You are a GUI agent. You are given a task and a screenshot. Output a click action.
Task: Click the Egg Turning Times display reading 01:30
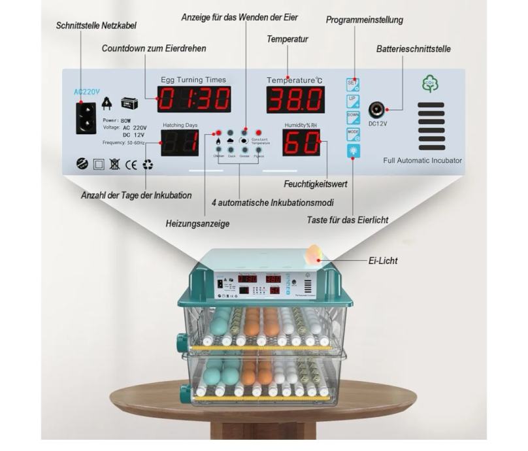coord(193,99)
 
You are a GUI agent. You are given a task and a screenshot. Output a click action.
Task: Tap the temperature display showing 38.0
coord(295,99)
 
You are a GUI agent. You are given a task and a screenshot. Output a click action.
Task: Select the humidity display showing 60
coord(301,142)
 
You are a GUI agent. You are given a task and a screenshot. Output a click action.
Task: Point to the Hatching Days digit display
coord(180,142)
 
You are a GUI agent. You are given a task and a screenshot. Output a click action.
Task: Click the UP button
coord(353,101)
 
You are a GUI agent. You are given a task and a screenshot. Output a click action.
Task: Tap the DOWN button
coord(353,118)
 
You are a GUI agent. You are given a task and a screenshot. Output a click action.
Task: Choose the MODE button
coord(353,134)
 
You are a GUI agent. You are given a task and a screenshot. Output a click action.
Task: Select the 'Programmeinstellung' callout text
coord(365,20)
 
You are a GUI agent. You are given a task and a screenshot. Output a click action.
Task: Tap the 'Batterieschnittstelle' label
coord(414,49)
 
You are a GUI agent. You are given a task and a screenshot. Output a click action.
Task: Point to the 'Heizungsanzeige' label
coord(198,224)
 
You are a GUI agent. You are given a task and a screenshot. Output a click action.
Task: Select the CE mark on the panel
coord(131,165)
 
